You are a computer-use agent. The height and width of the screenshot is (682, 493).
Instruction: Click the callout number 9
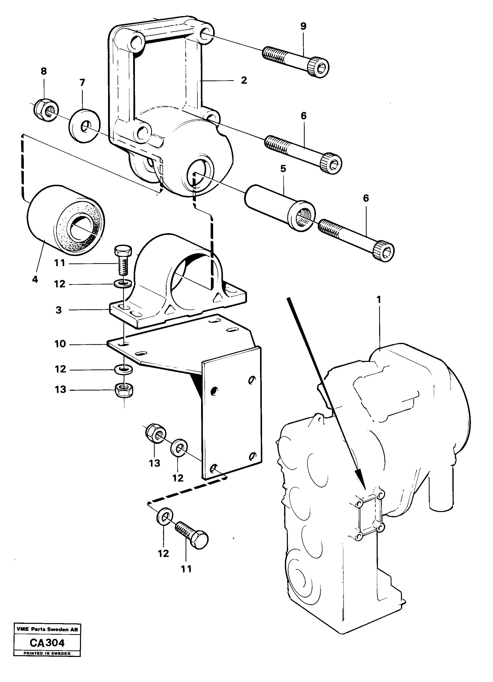[x=303, y=27]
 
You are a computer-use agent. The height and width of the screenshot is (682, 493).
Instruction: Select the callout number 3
[x=59, y=310]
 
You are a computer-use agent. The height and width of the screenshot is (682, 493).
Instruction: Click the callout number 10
[x=60, y=344]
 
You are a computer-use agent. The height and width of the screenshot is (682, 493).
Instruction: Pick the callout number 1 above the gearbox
[x=379, y=300]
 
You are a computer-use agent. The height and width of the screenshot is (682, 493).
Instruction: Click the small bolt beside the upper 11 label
[x=123, y=259]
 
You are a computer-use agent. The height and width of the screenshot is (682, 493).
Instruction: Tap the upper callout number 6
[x=303, y=116]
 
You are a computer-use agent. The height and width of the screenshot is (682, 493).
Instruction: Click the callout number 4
[x=35, y=279]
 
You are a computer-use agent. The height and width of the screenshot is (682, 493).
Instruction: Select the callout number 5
[x=283, y=169]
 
